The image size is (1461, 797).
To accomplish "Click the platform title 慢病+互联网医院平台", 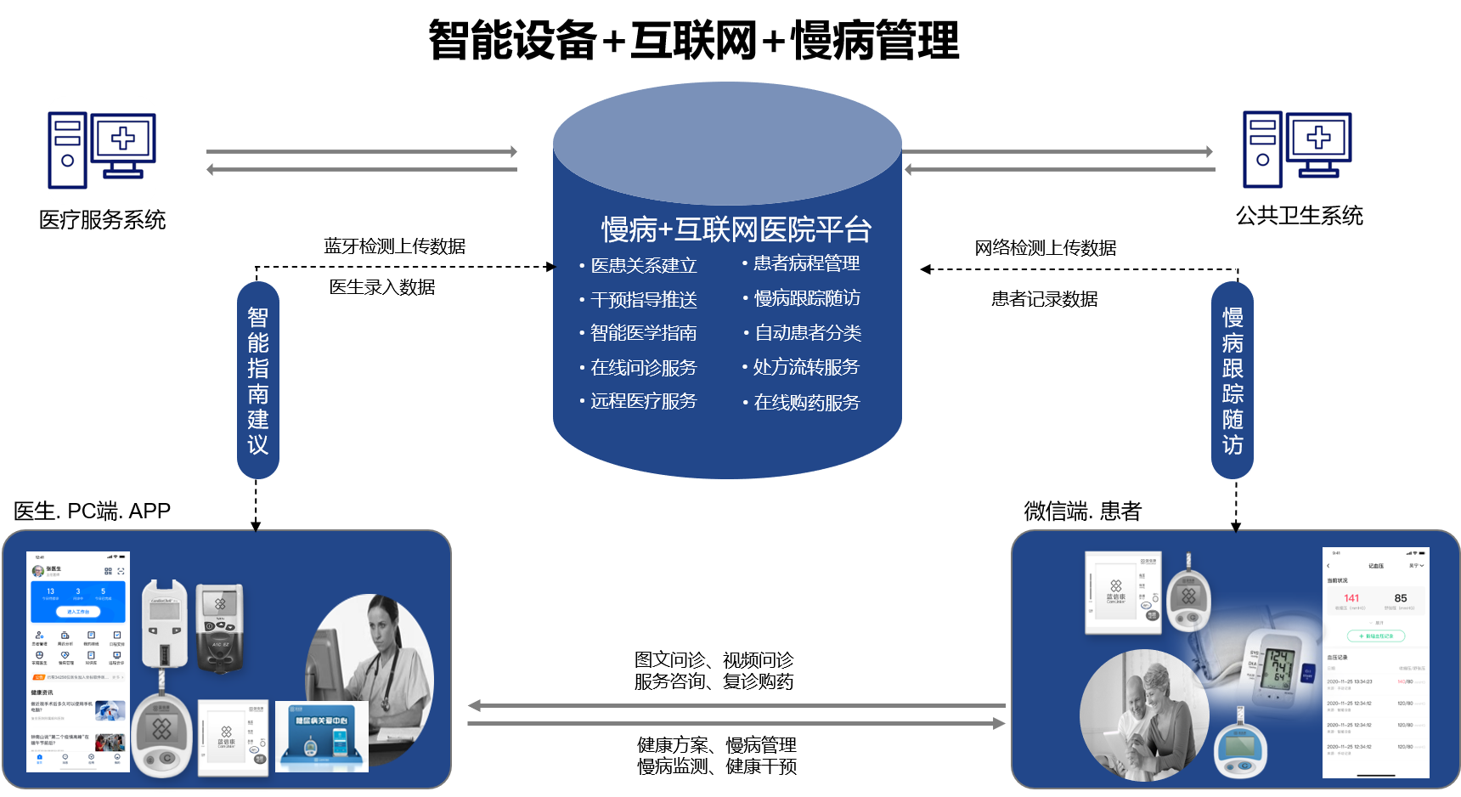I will (x=736, y=229).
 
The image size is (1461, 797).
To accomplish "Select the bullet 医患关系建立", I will (x=643, y=266).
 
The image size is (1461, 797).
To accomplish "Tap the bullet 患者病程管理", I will (x=806, y=263).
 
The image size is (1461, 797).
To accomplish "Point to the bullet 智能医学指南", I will (x=643, y=333).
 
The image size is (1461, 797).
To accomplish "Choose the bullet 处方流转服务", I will (x=806, y=367).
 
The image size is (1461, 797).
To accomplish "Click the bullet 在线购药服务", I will (x=806, y=403).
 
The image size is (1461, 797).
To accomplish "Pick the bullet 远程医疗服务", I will (x=643, y=401).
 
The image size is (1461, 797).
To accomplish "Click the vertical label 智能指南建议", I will (x=258, y=380).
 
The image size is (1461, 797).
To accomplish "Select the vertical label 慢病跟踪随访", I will (x=1233, y=380).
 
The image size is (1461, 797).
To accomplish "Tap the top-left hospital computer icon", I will (x=102, y=150).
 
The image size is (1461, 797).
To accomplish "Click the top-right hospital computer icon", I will (x=1297, y=150).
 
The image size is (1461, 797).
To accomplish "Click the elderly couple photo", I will (x=1142, y=715).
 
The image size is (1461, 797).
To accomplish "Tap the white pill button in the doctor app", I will (x=78, y=612).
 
